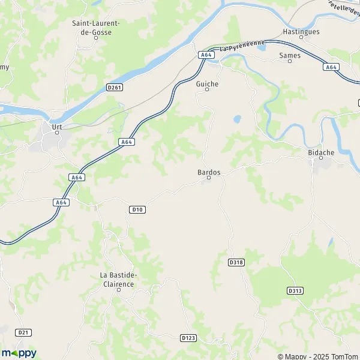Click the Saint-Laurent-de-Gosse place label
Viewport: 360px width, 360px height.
pyautogui.click(x=97, y=28)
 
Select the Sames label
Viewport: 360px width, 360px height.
pyautogui.click(x=289, y=55)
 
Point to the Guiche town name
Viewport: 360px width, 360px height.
pyautogui.click(x=207, y=84)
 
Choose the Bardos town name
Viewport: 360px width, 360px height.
pyautogui.click(x=209, y=172)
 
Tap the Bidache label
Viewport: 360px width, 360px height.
pyautogui.click(x=320, y=153)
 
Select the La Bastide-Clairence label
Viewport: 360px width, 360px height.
pyautogui.click(x=118, y=279)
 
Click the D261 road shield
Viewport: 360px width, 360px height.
pyautogui.click(x=115, y=88)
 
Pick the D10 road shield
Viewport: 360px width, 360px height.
pyautogui.click(x=137, y=209)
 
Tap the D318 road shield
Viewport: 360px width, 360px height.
pyautogui.click(x=236, y=262)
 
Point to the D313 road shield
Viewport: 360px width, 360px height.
pyautogui.click(x=295, y=290)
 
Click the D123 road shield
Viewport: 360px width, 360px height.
pyautogui.click(x=188, y=338)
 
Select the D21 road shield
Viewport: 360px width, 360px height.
pyautogui.click(x=23, y=332)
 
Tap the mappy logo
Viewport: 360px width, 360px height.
pyautogui.click(x=19, y=353)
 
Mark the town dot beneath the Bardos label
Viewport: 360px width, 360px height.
pyautogui.click(x=208, y=178)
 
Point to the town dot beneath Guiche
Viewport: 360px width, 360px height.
pyautogui.click(x=207, y=90)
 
